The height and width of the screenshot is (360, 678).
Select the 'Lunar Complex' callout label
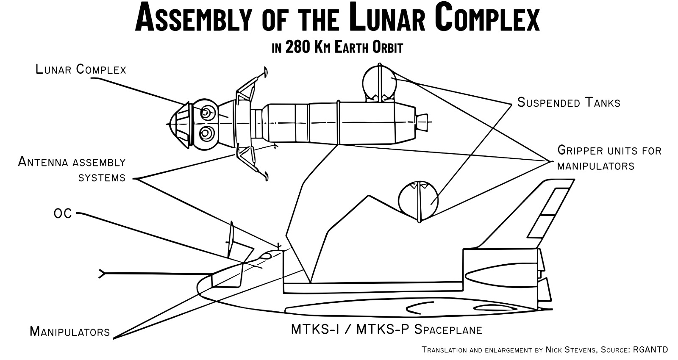click(81, 69)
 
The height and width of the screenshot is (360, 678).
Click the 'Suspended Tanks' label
click(569, 102)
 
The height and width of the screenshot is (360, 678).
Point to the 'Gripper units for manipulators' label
click(609, 158)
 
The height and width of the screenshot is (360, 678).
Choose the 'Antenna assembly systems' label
click(72, 169)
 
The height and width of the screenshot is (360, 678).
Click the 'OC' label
click(63, 214)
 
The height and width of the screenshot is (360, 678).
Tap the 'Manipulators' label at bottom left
click(70, 331)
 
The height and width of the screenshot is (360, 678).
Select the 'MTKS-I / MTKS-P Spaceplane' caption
click(386, 329)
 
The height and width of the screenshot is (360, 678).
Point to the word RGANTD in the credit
click(651, 350)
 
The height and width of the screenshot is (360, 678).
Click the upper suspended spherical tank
click(379, 83)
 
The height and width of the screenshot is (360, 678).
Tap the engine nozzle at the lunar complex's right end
click(422, 122)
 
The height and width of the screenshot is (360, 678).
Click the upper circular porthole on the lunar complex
click(206, 112)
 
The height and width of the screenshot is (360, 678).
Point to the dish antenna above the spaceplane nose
click(231, 239)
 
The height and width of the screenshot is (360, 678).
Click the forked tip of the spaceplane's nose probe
click(102, 274)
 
